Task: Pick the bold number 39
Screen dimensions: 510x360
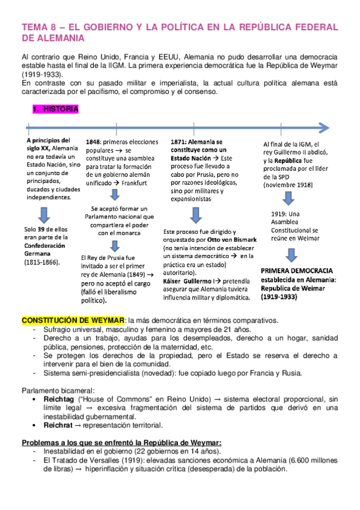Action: [x=41, y=229]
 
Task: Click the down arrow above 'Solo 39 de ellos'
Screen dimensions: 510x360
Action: [x=43, y=212]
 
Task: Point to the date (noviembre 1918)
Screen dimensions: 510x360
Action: [x=287, y=185]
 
